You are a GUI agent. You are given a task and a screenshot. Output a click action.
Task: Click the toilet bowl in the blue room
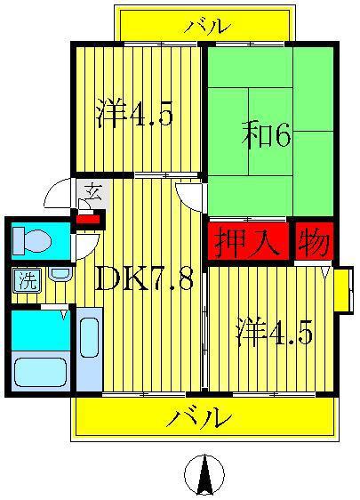32,241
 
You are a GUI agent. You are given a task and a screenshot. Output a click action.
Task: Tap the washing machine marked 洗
27,280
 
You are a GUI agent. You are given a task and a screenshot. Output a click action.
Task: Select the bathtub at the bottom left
40,372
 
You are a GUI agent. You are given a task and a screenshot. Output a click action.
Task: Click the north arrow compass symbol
204,474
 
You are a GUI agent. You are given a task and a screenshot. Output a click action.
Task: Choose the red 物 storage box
315,241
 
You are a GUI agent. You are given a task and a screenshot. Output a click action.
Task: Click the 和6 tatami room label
266,136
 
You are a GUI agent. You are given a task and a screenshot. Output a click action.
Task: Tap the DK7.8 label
144,279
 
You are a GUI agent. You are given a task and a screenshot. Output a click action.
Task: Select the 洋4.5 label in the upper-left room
134,113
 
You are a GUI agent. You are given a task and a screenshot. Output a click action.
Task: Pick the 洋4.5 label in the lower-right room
274,332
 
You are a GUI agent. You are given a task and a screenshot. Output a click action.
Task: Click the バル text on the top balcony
207,27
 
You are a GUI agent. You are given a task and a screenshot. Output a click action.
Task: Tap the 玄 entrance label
94,191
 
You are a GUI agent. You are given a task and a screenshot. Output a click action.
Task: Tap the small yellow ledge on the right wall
343,290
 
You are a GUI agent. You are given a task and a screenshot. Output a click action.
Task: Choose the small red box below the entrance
89,220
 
